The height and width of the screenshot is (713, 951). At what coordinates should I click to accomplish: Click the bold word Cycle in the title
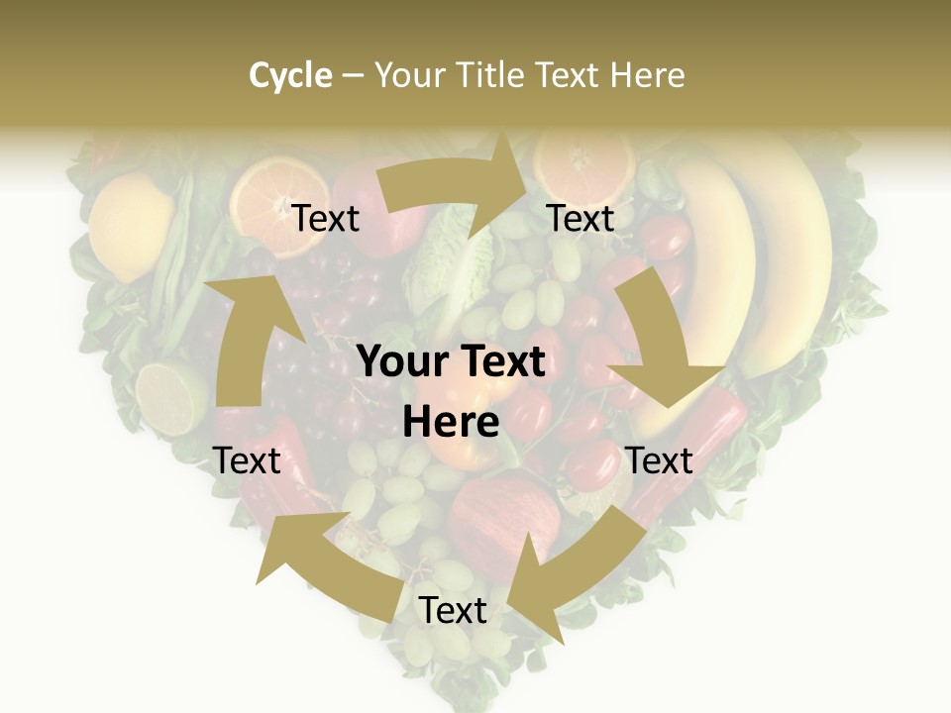pos(290,75)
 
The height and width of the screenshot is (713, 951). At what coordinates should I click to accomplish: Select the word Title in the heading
pos(489,75)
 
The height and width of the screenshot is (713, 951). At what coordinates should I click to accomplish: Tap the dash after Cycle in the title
pos(353,76)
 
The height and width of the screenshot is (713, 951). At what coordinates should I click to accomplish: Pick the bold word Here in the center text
pos(451,423)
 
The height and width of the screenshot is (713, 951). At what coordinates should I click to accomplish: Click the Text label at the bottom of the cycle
pos(453,611)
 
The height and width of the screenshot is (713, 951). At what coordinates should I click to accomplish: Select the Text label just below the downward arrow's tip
pos(659,460)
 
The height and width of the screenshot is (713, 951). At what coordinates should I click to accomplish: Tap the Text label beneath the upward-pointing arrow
pos(247,460)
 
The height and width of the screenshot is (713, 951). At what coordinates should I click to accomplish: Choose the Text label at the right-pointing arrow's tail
pos(326,218)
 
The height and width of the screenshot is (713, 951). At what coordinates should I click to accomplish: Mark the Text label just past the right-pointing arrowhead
pos(581,218)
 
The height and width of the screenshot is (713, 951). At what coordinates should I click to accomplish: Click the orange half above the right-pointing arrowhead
pos(584,158)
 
